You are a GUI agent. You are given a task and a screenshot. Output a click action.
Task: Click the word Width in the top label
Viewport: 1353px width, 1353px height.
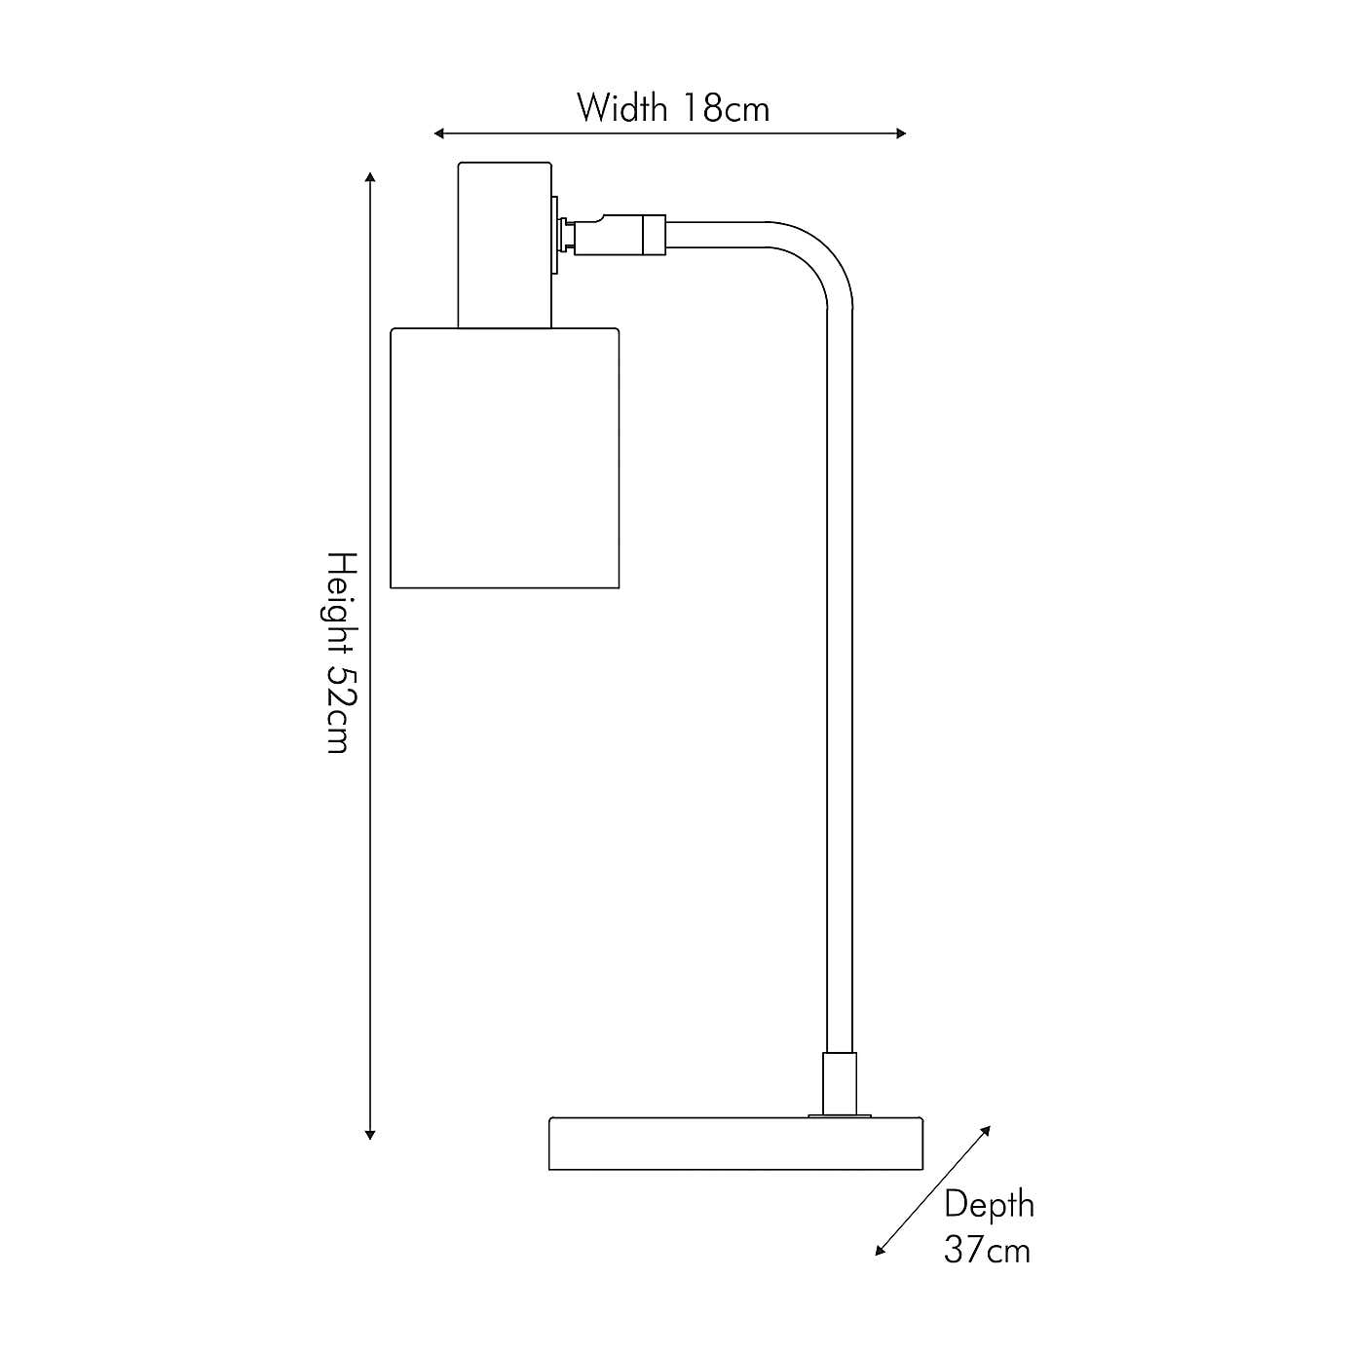(x=621, y=108)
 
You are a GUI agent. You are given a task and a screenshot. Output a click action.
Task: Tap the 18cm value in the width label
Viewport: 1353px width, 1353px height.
(x=726, y=108)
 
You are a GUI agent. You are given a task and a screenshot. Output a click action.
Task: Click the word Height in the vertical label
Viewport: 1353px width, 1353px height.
(x=343, y=609)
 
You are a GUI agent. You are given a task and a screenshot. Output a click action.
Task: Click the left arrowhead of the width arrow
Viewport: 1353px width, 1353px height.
(x=439, y=133)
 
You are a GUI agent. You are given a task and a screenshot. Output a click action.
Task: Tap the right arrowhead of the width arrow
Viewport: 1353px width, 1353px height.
(x=901, y=133)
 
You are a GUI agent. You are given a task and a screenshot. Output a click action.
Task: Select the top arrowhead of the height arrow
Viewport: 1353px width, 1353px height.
(x=370, y=176)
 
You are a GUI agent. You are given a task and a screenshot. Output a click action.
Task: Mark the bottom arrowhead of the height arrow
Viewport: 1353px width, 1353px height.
(x=370, y=1136)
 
